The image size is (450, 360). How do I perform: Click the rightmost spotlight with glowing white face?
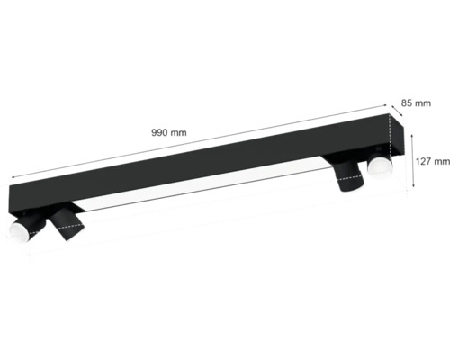pos(380,168)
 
